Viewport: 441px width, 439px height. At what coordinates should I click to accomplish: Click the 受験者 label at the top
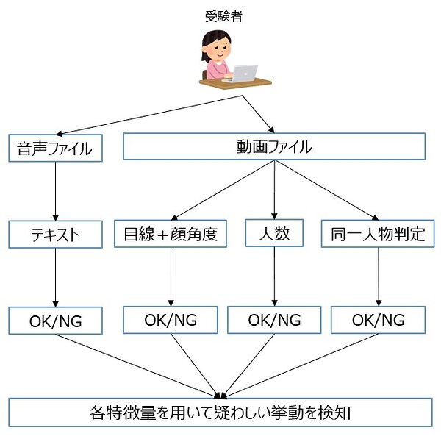click(x=223, y=16)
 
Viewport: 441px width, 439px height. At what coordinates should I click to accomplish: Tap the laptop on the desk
click(x=242, y=74)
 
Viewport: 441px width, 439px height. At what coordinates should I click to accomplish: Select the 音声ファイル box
click(x=55, y=148)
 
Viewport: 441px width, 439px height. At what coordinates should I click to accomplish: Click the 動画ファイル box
click(x=274, y=146)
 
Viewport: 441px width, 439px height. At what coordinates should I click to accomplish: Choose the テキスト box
click(x=55, y=235)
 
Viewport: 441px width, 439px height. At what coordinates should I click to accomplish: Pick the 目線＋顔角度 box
click(x=171, y=234)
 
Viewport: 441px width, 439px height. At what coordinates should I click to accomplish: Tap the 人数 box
click(x=274, y=233)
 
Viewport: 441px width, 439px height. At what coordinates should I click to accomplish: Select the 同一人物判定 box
click(x=378, y=234)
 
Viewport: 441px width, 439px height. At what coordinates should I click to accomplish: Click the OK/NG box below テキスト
click(x=55, y=321)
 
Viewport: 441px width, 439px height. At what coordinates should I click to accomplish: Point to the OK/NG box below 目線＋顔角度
click(x=171, y=320)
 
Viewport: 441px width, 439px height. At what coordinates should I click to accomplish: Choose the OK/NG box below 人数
click(x=274, y=320)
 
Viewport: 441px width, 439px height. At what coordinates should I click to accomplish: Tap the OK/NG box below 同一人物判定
click(x=378, y=320)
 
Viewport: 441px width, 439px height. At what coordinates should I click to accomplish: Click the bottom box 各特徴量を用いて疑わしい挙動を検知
click(x=220, y=413)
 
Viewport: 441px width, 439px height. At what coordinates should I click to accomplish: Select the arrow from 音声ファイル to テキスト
click(x=55, y=191)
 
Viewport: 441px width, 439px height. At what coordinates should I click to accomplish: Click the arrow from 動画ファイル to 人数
click(x=274, y=190)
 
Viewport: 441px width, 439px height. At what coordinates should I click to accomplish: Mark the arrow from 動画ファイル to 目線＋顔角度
click(x=223, y=190)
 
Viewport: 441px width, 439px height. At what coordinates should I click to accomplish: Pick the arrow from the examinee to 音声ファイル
click(x=149, y=115)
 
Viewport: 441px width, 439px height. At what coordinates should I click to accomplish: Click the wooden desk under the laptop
click(x=235, y=83)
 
